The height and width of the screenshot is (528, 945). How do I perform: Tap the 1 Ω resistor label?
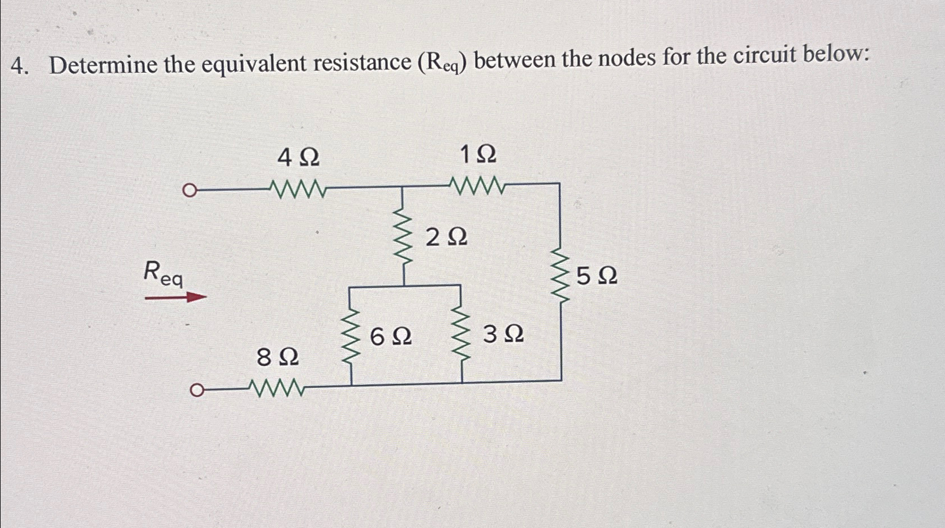tap(478, 154)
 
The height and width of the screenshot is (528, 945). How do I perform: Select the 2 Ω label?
tap(446, 238)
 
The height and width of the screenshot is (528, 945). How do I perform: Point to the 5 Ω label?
tap(597, 277)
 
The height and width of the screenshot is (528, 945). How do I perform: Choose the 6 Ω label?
tap(390, 337)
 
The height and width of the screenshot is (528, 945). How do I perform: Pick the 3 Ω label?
tap(503, 335)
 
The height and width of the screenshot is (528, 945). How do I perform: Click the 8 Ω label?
tap(277, 358)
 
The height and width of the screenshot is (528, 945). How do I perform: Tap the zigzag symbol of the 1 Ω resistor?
tap(477, 184)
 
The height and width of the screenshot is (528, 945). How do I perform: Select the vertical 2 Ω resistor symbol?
tap(403, 236)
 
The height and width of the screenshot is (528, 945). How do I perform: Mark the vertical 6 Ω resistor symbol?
tap(351, 337)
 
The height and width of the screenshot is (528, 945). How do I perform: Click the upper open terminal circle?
tap(190, 191)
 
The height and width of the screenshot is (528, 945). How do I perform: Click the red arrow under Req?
tap(176, 297)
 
